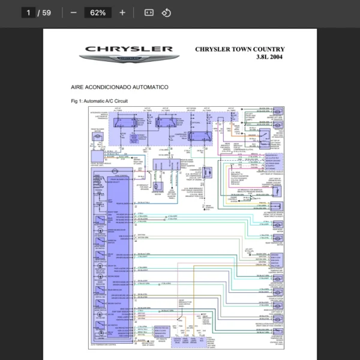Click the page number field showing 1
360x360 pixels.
[x=28, y=13]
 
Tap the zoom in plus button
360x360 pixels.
[x=122, y=13]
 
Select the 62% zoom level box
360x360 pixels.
[x=98, y=13]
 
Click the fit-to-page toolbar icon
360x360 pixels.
[x=149, y=13]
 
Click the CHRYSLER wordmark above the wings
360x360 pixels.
[x=129, y=49]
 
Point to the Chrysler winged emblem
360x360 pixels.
[x=129, y=59]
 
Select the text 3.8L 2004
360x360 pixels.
[x=269, y=58]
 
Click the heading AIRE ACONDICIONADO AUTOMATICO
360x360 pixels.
[x=119, y=88]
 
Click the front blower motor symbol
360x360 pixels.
[x=98, y=137]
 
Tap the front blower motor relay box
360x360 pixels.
[x=127, y=124]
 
